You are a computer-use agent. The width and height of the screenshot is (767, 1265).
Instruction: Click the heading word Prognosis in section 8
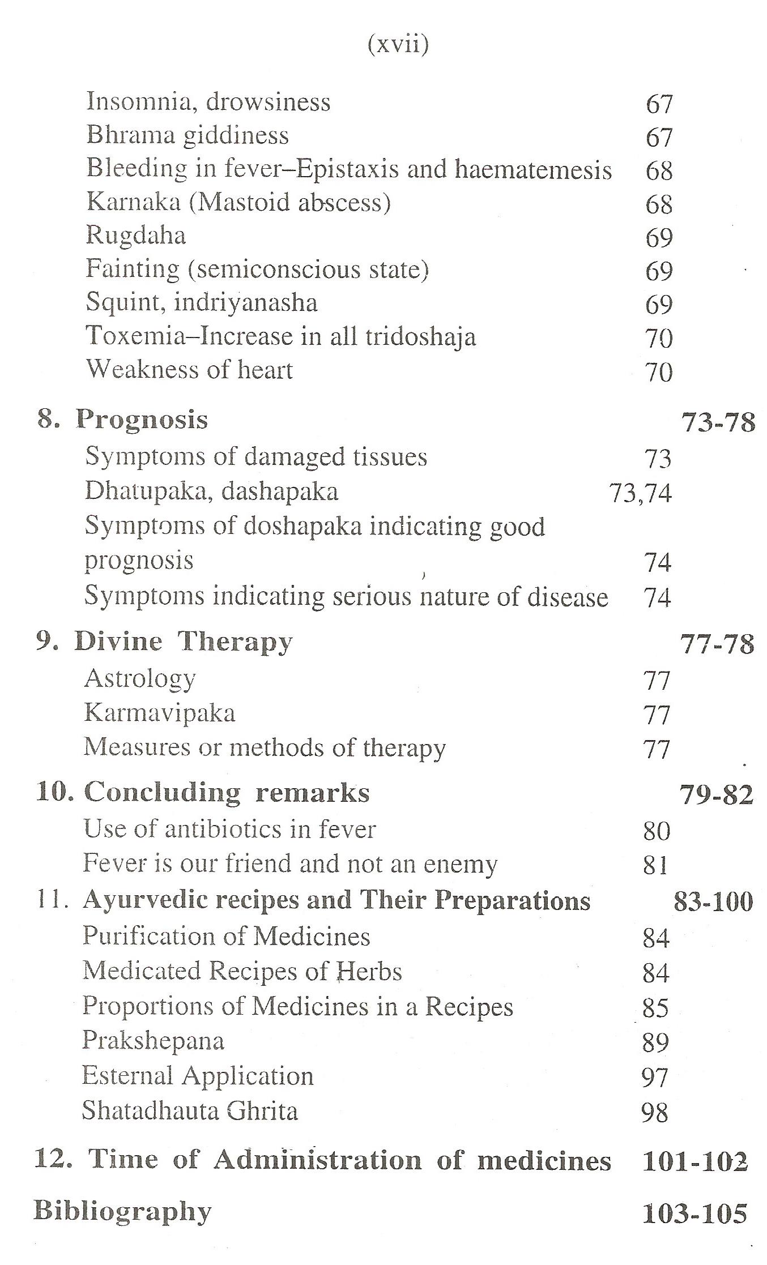pos(142,420)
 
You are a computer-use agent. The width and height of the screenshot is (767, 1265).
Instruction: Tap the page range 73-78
pos(718,422)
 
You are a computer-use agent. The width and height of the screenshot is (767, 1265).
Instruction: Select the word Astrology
pos(140,679)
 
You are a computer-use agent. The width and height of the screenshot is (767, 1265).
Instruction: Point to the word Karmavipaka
pos(159,713)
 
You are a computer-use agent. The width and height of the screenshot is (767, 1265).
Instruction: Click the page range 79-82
pos(716,795)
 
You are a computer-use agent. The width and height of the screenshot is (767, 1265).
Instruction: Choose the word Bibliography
pos(122,1211)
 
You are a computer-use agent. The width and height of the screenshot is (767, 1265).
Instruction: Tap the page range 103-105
pos(694,1213)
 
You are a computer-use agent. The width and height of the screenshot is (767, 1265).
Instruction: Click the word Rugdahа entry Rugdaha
pos(136,236)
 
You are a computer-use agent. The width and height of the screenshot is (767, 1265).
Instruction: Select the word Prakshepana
pos(153,1041)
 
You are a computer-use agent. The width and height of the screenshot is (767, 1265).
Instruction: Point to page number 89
pos(655,1042)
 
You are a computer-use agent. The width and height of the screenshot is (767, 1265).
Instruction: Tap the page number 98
pos(655,1113)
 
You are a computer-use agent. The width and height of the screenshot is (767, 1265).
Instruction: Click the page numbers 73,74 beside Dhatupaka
pos(640,493)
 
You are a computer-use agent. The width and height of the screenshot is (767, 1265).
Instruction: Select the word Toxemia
pos(135,336)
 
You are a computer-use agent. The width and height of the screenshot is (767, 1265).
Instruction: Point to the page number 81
pos(656,865)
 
